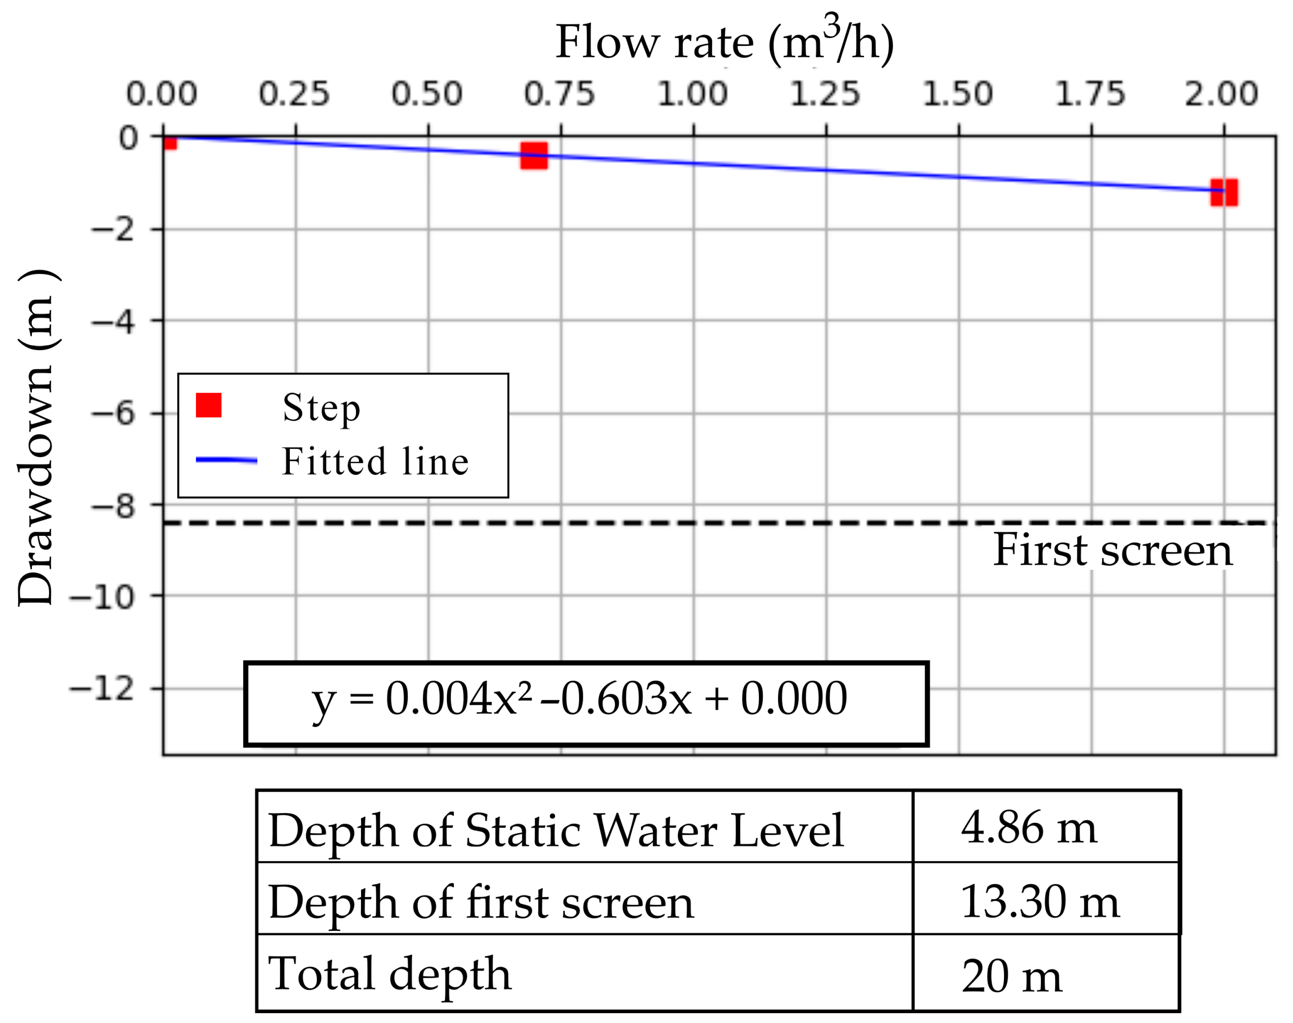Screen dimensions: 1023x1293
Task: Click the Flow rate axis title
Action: pos(724,42)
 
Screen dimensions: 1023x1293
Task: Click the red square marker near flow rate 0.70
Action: pos(534,156)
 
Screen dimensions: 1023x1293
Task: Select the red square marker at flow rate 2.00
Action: pos(1223,193)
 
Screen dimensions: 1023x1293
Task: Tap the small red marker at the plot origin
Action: pos(171,142)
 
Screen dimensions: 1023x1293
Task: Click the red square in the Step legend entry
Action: pos(208,405)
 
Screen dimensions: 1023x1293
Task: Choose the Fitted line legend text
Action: pos(375,462)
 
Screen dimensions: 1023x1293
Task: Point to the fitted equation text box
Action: pos(586,703)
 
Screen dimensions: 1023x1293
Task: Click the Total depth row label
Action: pos(390,973)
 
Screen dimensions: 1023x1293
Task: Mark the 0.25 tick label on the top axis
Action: pos(294,94)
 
